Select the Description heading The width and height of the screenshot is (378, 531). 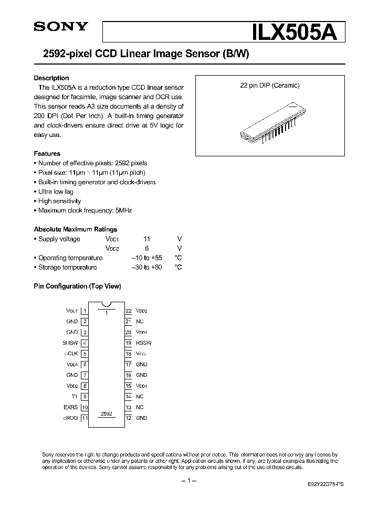51,78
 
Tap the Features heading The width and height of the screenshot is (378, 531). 47,154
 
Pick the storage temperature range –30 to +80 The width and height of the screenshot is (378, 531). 146,268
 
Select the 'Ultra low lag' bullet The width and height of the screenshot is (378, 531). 56,192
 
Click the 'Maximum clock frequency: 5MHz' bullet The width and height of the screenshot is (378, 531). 85,210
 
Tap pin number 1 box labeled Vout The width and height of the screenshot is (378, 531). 85,311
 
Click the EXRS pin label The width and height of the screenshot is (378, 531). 71,407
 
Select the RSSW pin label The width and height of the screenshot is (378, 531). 143,343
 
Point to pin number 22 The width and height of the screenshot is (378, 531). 128,311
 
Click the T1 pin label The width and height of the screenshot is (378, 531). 75,397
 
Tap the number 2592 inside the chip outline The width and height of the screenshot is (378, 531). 107,413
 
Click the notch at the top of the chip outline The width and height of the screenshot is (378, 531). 107,304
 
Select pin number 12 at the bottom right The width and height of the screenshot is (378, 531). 128,418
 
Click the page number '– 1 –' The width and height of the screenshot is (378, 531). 188,481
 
